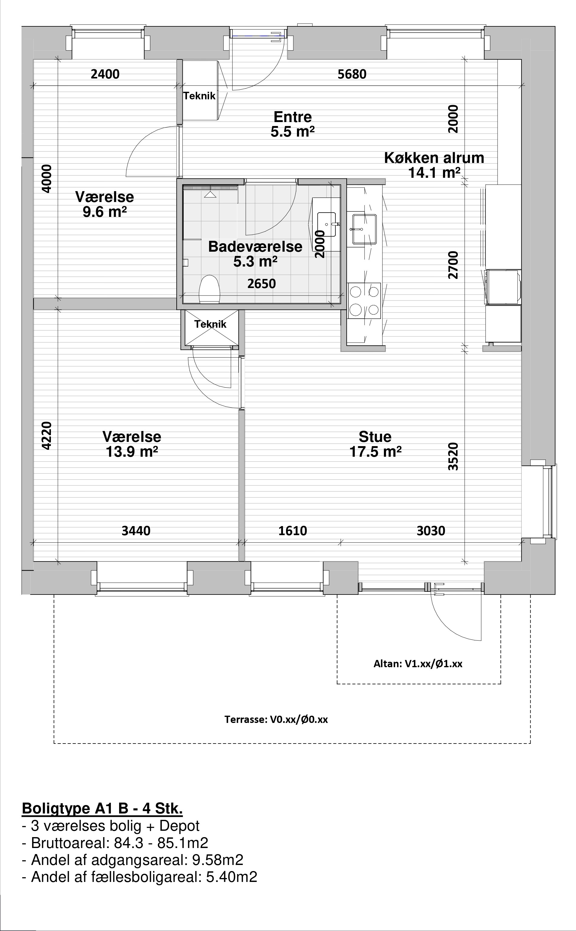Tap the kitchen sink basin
tap(364, 229)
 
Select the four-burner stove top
tap(364, 300)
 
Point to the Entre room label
tap(293, 117)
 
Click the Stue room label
tap(375, 436)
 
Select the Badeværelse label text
tap(255, 247)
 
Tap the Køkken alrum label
tap(434, 158)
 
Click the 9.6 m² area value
tap(105, 212)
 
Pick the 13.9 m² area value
tap(132, 452)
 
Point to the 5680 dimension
tap(352, 74)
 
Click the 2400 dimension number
tap(105, 74)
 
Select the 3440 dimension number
tap(136, 530)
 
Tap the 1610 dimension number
tap(293, 530)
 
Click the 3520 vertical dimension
tap(453, 456)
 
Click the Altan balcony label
tap(418, 664)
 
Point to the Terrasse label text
tap(276, 719)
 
